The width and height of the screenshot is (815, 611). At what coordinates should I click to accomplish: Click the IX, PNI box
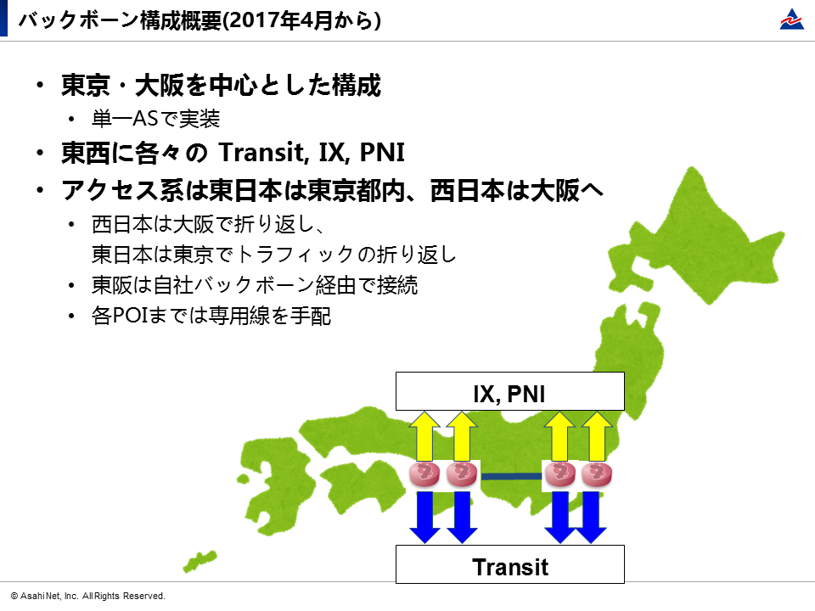(510, 391)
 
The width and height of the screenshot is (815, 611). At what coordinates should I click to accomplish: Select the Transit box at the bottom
(510, 564)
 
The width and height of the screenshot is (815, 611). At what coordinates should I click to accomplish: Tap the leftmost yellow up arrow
(424, 436)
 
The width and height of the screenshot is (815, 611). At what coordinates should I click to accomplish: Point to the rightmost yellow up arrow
(597, 436)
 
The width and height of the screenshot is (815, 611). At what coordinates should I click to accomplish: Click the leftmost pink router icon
(424, 474)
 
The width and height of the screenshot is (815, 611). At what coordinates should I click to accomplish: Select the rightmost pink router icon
(597, 474)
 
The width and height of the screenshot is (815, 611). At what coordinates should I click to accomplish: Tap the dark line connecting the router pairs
(511, 476)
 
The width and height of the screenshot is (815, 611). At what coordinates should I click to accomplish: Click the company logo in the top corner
(791, 20)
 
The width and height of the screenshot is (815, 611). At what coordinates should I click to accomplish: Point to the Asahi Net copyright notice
(87, 596)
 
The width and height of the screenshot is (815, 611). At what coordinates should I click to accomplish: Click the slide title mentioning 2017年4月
(200, 20)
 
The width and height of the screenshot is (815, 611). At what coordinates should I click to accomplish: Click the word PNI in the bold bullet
(382, 152)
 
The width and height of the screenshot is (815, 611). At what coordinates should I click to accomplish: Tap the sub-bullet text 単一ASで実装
(156, 119)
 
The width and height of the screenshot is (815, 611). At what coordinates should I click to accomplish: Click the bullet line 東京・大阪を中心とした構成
(222, 85)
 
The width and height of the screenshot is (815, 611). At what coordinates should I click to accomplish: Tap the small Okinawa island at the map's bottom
(200, 561)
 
